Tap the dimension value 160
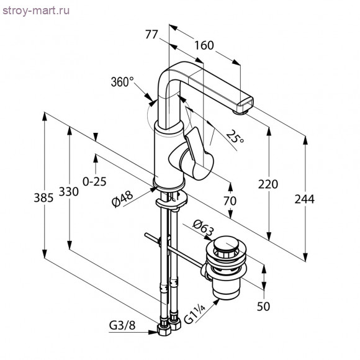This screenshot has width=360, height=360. click(204, 46)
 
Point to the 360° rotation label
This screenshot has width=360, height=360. click(122, 82)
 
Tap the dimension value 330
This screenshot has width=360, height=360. click(70, 192)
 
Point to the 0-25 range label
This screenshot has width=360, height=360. click(94, 181)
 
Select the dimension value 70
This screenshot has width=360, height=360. click(230, 201)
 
